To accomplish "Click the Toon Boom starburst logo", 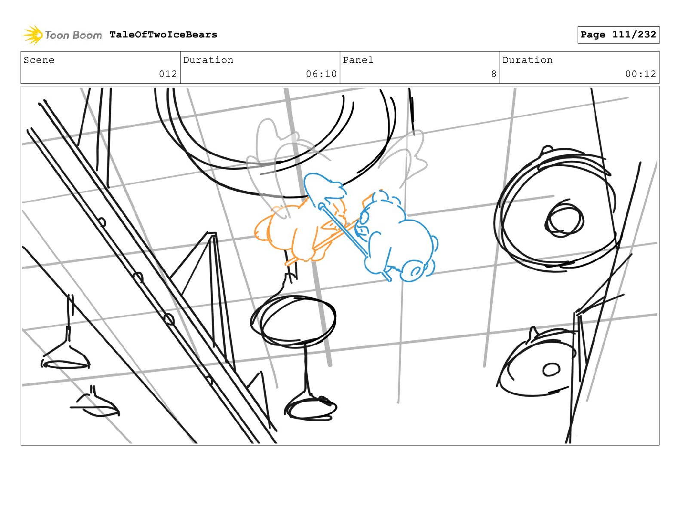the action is point(33,35).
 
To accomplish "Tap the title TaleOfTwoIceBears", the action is point(163,34).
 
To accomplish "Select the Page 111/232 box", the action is point(618,35).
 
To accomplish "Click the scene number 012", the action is point(168,74).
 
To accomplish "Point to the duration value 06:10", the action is point(321,74).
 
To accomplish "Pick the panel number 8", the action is point(494,74).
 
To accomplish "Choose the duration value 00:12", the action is point(641,74).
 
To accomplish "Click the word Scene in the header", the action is point(39,60).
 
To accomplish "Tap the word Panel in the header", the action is point(358,60).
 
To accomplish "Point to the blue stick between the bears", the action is point(354,241).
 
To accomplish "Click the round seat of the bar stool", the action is point(293,321).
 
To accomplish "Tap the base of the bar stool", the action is point(310,408).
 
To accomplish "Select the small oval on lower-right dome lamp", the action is point(551,370).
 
